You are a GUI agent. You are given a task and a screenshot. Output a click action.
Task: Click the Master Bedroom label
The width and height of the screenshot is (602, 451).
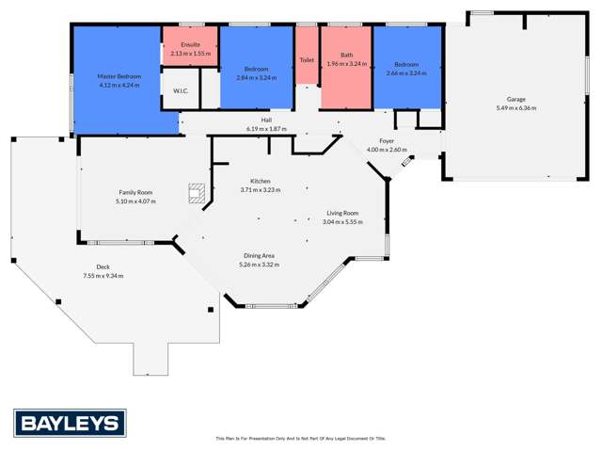point(118,75)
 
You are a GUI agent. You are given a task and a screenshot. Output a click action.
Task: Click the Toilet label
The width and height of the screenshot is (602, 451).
point(307,59)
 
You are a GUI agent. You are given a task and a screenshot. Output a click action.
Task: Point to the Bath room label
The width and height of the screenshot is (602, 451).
point(346,55)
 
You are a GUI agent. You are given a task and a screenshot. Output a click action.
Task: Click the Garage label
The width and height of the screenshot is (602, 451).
point(516,99)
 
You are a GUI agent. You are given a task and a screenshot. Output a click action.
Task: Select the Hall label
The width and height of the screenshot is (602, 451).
point(267,121)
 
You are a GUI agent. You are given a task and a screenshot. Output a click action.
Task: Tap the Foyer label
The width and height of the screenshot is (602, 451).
point(387,140)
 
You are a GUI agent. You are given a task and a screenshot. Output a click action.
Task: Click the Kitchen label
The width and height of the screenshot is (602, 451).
point(261,181)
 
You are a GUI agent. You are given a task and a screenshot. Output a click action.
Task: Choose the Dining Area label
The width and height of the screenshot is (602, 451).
point(260,255)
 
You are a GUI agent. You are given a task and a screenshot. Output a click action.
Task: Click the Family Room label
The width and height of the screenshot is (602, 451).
point(135,192)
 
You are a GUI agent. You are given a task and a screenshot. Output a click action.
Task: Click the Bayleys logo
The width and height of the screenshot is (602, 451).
point(70,422)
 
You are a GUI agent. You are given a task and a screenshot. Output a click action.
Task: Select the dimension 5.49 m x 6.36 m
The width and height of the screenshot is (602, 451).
point(516,107)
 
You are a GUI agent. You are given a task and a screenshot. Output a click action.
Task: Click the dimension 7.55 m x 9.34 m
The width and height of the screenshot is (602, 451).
point(103,275)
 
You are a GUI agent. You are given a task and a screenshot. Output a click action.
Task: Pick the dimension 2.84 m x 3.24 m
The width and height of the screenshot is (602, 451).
point(256,76)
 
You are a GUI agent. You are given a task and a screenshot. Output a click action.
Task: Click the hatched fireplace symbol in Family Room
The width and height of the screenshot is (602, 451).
point(196,192)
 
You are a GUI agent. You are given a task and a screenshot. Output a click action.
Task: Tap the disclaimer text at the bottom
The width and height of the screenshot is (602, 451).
point(301,438)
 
